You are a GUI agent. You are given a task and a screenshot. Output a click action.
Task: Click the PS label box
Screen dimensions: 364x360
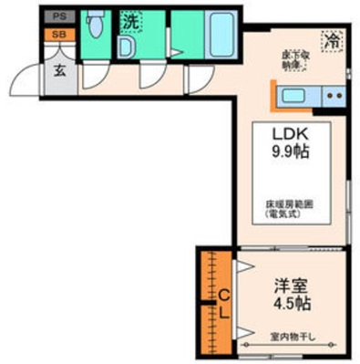click(x=58, y=16)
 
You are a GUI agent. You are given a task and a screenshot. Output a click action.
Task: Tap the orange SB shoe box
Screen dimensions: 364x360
click(x=58, y=34)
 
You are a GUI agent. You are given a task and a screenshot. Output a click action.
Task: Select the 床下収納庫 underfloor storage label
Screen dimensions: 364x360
click(x=293, y=60)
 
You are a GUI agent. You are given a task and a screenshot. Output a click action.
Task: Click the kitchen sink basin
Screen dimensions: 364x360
click(x=296, y=95)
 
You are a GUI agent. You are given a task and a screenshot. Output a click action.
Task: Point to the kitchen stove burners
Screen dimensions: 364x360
click(x=334, y=95)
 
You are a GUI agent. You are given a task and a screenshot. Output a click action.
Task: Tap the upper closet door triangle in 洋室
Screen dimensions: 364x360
click(x=243, y=265)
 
